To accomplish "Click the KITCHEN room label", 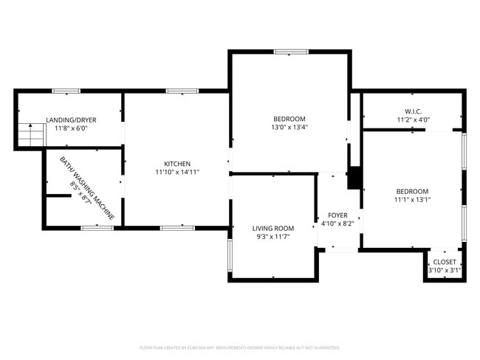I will [x=177, y=164].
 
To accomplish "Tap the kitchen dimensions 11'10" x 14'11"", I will [x=177, y=172].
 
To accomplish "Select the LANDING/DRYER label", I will [x=71, y=120].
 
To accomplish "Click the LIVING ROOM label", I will [x=273, y=228].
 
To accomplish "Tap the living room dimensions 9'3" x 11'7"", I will [x=273, y=237].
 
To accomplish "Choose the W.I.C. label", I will [x=412, y=111].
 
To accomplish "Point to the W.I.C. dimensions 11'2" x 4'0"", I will [x=412, y=120].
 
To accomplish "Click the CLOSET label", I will [x=445, y=262].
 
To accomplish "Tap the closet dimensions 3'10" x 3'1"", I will [x=445, y=271].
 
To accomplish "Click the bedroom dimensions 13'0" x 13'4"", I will [x=289, y=127].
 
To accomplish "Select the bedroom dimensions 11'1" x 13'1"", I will [x=411, y=199].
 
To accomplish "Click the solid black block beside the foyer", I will [x=354, y=179].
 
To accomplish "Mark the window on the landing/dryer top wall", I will [x=66, y=91].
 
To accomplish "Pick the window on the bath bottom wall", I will [x=97, y=227].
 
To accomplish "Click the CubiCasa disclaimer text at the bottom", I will [x=239, y=347].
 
